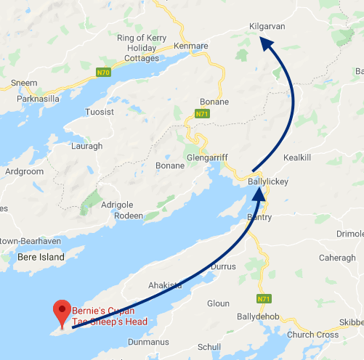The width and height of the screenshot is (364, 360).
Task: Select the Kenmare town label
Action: (191, 46)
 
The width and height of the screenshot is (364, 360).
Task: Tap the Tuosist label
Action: (101, 112)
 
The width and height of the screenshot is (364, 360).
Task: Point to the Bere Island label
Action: (41, 257)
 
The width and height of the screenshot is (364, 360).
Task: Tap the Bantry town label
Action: (259, 217)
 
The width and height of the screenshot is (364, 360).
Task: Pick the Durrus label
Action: (223, 267)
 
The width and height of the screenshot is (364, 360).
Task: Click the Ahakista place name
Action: (164, 285)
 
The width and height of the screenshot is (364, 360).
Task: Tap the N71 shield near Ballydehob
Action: (263, 298)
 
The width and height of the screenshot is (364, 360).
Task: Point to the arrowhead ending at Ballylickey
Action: (261, 192)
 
